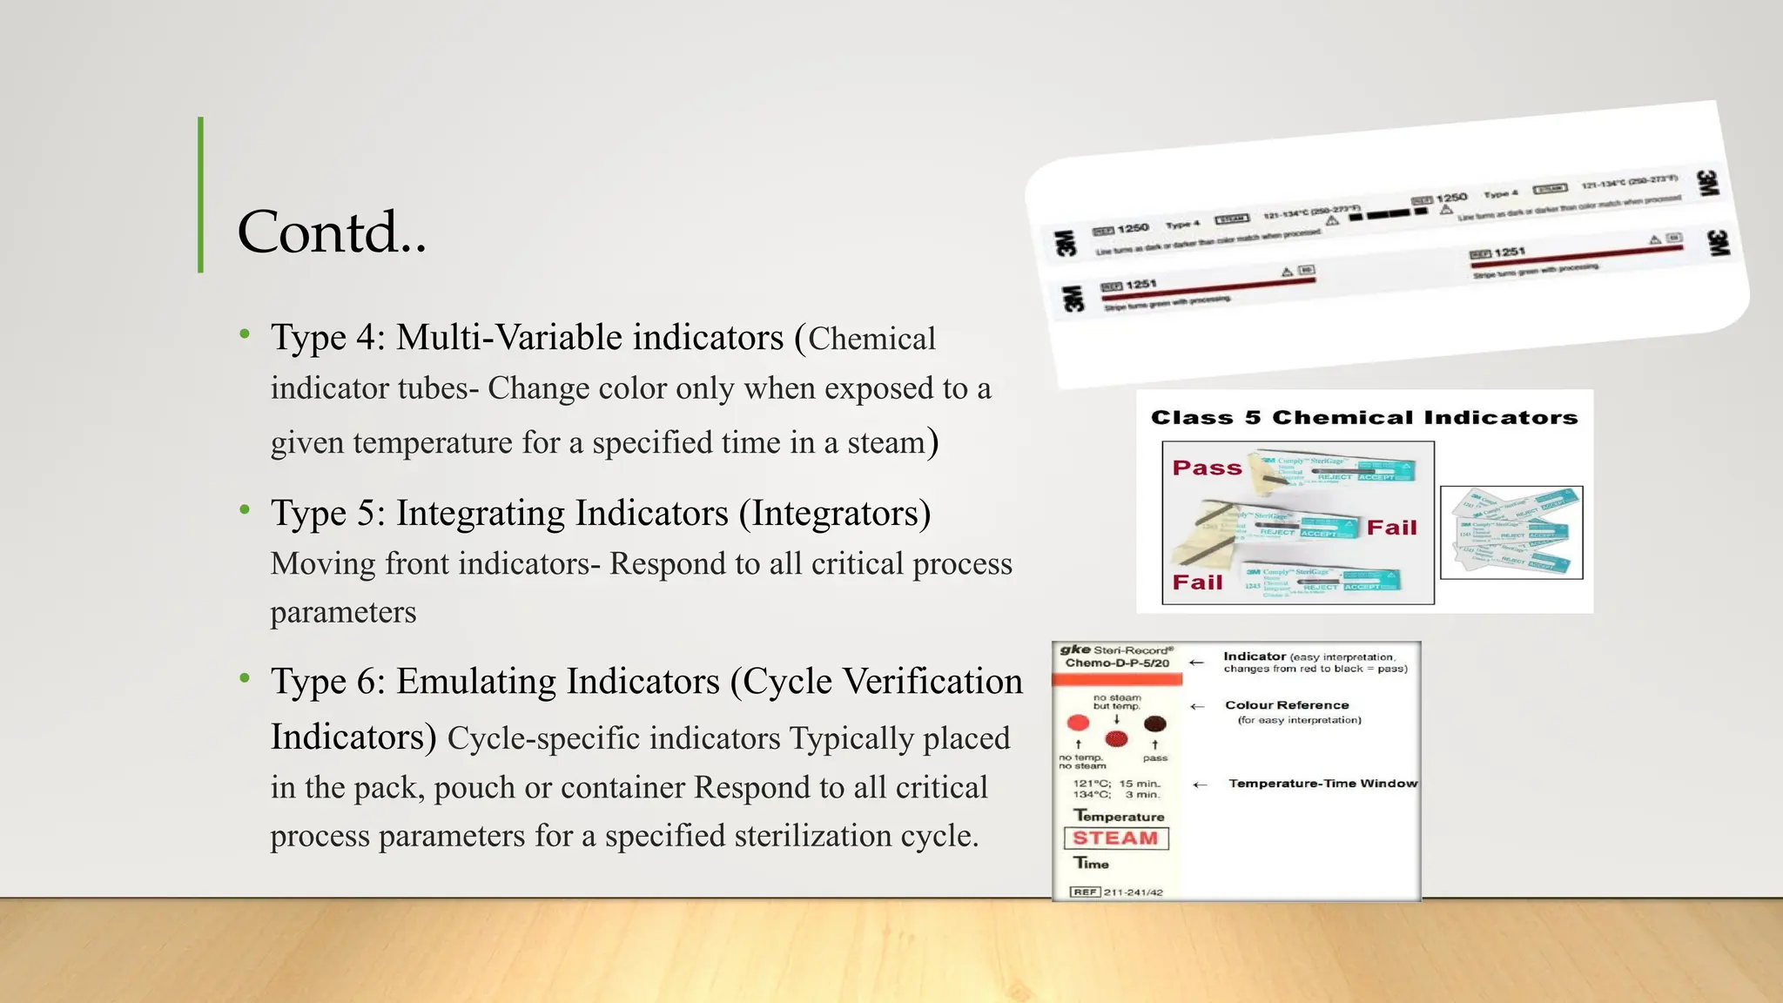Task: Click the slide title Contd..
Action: pos(332,232)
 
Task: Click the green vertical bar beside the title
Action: pos(201,195)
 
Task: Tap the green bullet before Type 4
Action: pos(246,334)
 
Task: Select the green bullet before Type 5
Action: pos(246,510)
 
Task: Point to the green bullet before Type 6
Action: pos(246,678)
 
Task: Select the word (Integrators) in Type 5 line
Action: pos(835,514)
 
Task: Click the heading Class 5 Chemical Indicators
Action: pos(1364,418)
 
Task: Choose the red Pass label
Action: pos(1207,468)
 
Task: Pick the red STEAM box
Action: pos(1115,838)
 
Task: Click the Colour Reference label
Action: pos(1287,705)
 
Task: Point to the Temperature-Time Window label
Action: pos(1322,784)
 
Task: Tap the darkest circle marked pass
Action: pos(1155,724)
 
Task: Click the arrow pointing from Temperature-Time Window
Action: pos(1201,784)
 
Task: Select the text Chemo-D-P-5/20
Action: pos(1117,663)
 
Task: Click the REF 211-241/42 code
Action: pos(1117,892)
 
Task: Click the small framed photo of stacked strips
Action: pos(1511,533)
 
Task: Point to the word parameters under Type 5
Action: pos(343,613)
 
